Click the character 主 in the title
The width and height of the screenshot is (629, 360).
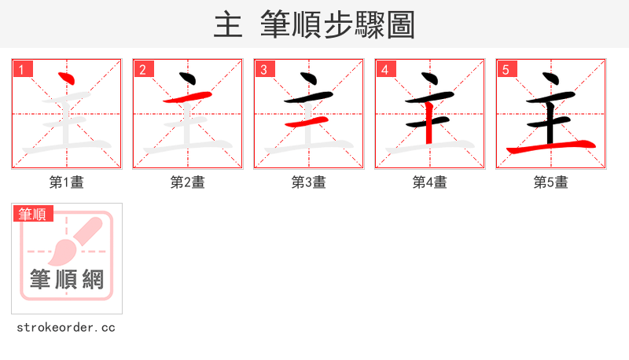228,25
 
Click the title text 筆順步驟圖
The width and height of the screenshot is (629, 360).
337,25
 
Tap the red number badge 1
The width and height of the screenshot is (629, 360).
22,69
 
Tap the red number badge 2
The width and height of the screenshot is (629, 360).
143,69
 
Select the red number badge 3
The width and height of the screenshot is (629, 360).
264,69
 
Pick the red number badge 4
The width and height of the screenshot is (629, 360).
385,69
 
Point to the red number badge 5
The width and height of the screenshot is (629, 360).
506,69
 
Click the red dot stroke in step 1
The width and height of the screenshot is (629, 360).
67,78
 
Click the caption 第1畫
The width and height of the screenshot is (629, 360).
67,182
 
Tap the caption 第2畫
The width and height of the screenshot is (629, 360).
188,182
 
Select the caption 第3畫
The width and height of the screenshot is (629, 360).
309,182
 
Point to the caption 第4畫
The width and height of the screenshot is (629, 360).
430,182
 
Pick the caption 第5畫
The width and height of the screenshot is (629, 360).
551,182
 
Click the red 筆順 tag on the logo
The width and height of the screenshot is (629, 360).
33,214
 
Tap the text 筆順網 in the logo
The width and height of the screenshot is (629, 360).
67,279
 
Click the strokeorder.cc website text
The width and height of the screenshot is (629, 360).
67,327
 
